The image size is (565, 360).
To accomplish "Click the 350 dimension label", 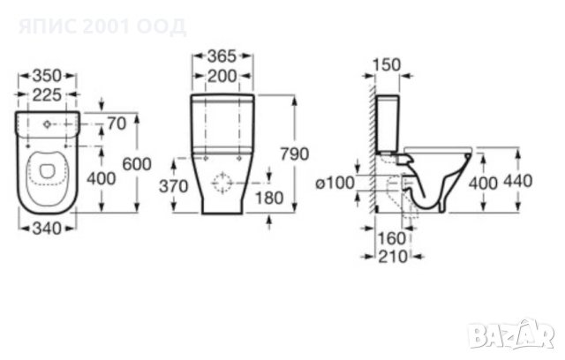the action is tap(47, 76).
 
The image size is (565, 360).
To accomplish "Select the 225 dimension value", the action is tap(47, 94).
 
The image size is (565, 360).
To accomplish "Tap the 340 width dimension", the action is tap(47, 229).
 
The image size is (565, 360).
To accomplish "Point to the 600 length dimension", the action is tap(137, 164).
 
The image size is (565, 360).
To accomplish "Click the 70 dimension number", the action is tap(117, 124).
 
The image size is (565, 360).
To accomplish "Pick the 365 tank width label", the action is tap(222, 56).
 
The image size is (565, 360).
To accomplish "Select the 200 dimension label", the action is tap(222, 76).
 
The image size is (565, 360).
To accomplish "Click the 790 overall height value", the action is tap(295, 154).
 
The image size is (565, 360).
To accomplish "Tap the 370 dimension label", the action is tap(174, 186).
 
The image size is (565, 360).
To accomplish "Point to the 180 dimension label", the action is tap(269, 198).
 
